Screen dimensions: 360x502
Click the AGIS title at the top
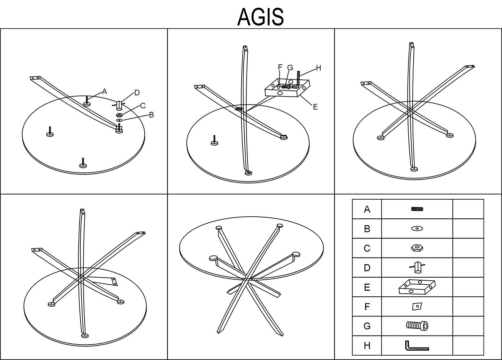click(260, 16)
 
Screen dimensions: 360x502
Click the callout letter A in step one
click(104, 91)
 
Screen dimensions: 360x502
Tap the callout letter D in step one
click(137, 93)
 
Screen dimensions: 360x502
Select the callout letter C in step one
click(143, 106)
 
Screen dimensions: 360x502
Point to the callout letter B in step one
click(151, 115)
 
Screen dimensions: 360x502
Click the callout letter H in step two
click(318, 68)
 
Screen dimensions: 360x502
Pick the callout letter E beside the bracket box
click(315, 107)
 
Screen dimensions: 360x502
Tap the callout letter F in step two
click(280, 67)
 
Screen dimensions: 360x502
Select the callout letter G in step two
click(290, 68)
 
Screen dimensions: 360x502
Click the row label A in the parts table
click(367, 210)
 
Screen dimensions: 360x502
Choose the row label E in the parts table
click(367, 287)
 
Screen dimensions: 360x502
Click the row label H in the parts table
click(367, 346)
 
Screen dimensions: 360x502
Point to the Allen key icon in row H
click(417, 346)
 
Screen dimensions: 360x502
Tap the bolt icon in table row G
click(417, 326)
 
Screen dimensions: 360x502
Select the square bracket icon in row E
click(417, 287)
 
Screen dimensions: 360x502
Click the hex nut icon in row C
click(417, 248)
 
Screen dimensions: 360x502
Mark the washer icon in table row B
click(417, 229)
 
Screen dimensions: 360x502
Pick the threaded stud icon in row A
click(417, 209)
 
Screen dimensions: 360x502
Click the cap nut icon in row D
click(417, 267)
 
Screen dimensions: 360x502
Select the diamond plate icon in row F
click(417, 306)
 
